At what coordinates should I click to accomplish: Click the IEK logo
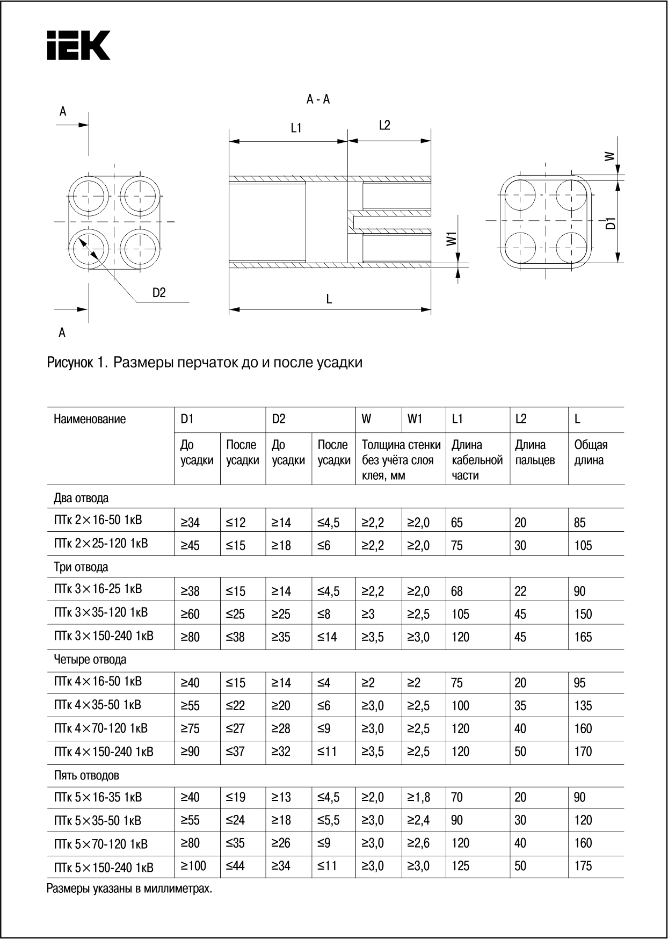[78, 45]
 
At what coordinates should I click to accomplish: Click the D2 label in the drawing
[159, 293]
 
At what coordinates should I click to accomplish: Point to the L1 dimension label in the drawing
[296, 128]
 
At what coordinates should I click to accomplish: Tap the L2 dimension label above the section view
[384, 125]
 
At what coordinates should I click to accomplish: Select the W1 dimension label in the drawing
[452, 239]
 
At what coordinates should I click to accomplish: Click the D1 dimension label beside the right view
[610, 223]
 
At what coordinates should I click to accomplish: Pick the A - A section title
[318, 99]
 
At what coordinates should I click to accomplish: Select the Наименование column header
[90, 420]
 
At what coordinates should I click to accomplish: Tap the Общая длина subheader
[591, 452]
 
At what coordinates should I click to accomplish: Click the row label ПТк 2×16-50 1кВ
[98, 521]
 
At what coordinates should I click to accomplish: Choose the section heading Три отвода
[81, 567]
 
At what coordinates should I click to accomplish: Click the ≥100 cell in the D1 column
[193, 866]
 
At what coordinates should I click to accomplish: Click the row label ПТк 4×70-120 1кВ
[100, 728]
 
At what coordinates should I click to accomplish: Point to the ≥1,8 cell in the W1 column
[418, 797]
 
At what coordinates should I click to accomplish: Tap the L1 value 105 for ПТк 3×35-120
[460, 614]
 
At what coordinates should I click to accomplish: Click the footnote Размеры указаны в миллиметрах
[129, 889]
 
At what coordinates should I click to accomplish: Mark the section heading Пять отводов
[86, 776]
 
